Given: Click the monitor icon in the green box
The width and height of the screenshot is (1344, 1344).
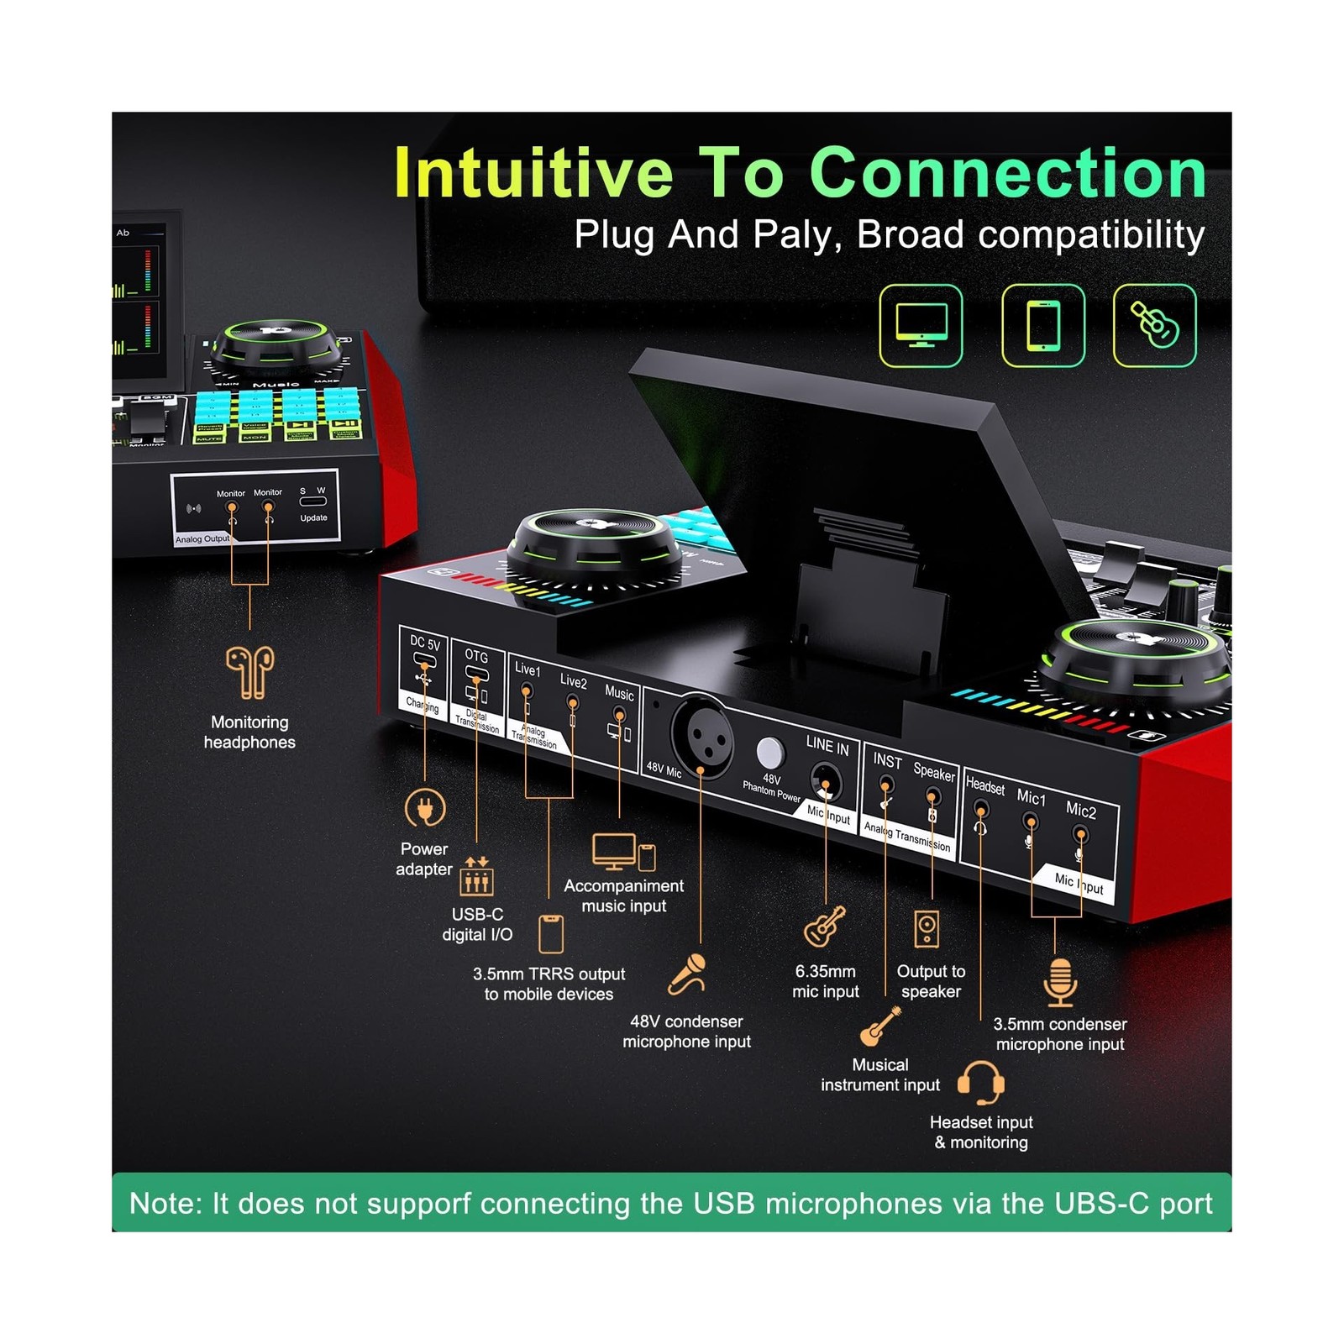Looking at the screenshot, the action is [921, 326].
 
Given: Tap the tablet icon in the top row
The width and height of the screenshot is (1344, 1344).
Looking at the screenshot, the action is [1043, 326].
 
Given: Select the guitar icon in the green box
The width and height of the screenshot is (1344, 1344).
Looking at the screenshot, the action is [1154, 326].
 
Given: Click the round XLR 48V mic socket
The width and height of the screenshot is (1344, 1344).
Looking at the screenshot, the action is [701, 736].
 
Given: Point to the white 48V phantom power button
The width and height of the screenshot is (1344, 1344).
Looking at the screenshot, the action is [769, 753].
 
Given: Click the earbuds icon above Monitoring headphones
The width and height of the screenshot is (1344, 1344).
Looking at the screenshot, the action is [249, 672].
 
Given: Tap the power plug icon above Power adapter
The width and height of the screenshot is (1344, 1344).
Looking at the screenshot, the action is [425, 808].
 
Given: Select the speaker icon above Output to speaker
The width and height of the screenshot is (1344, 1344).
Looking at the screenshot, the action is [927, 929].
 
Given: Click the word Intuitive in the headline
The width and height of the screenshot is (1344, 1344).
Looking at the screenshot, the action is [533, 174].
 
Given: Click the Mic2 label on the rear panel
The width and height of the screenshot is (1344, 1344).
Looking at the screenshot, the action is [1080, 811].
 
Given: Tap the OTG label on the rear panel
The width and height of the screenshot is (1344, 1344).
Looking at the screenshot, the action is [476, 656].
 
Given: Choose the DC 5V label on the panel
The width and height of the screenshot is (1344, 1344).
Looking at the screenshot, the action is [425, 643].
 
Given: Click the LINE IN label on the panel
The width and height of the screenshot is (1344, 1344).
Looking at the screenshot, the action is [827, 745].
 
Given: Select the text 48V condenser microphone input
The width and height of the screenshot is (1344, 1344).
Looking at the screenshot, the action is [686, 1032].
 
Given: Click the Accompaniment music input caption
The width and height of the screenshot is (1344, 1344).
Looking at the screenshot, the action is [623, 895].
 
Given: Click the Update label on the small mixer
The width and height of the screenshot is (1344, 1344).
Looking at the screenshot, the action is [313, 518].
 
